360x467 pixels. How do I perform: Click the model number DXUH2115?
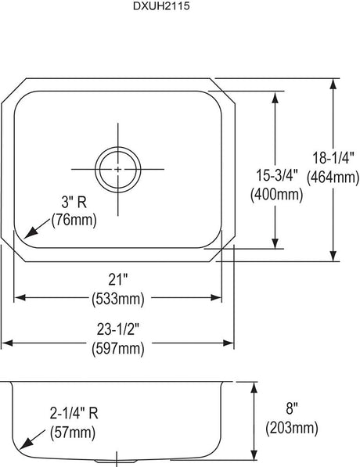pyautogui.click(x=161, y=6)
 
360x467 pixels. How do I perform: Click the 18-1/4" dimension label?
pyautogui.click(x=333, y=157)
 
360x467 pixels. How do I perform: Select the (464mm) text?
pyautogui.click(x=333, y=178)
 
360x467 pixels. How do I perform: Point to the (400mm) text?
pyautogui.click(x=277, y=195)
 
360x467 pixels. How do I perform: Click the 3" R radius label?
pyautogui.click(x=74, y=203)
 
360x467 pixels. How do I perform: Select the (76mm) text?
pyautogui.click(x=74, y=221)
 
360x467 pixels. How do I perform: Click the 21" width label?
pyautogui.click(x=118, y=279)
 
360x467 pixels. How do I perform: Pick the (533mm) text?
pyautogui.click(x=118, y=299)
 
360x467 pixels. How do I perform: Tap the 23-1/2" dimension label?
pyautogui.click(x=118, y=329)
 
